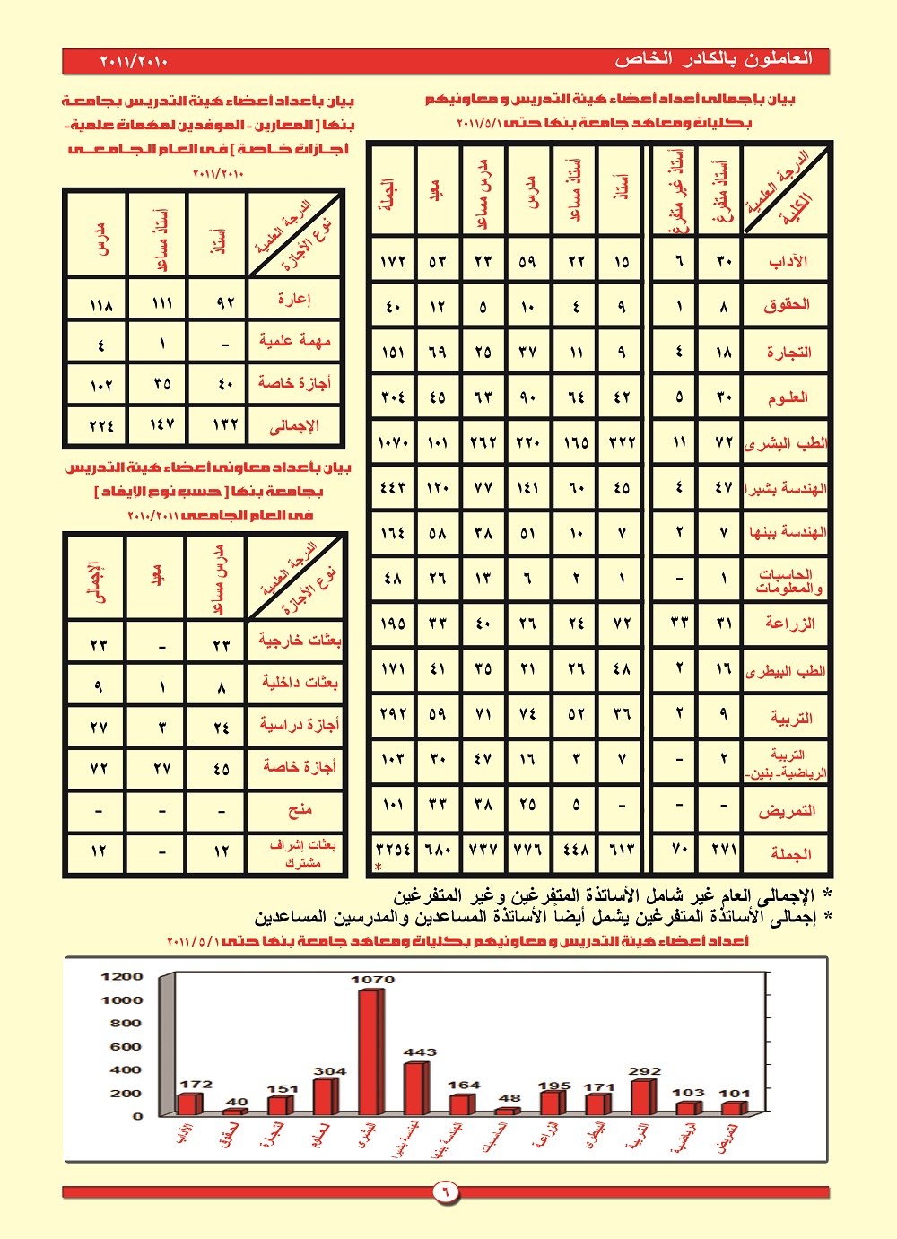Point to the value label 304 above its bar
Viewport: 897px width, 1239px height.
click(329, 1071)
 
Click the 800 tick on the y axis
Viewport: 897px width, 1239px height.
click(126, 1023)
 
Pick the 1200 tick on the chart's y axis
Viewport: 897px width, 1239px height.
click(122, 976)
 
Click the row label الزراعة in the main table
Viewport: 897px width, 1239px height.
click(790, 624)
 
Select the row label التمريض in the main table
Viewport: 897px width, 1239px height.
click(787, 811)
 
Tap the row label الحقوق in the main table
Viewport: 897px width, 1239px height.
click(787, 305)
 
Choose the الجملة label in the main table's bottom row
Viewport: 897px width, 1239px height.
click(790, 854)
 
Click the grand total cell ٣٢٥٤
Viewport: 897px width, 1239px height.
click(393, 850)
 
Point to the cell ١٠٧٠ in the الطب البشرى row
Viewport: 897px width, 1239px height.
click(393, 442)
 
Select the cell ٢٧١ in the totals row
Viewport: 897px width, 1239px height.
click(724, 850)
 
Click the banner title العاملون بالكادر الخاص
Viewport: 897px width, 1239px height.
click(713, 59)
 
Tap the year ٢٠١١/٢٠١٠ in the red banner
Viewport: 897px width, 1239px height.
click(134, 62)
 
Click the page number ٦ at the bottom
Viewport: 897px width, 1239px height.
click(446, 1191)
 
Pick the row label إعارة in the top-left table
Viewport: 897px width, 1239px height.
click(293, 299)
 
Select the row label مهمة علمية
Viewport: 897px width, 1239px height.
click(294, 341)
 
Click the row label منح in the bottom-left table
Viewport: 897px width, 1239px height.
click(300, 810)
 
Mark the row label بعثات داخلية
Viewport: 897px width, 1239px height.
click(300, 683)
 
